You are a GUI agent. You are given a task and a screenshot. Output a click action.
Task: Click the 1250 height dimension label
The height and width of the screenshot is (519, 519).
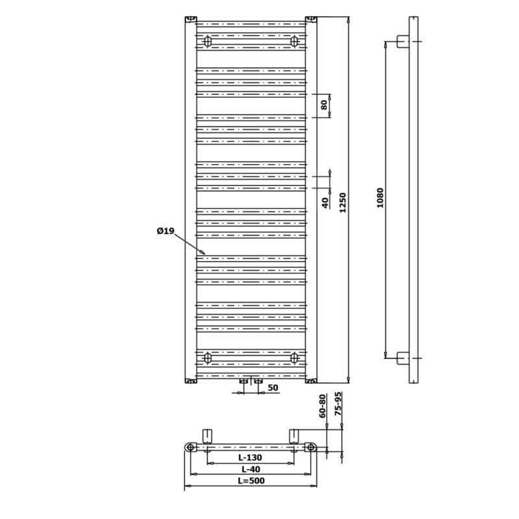click(343, 202)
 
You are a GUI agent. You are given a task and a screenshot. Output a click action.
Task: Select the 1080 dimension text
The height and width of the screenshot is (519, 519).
click(380, 198)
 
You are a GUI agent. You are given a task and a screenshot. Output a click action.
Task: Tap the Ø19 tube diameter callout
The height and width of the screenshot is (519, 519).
click(165, 231)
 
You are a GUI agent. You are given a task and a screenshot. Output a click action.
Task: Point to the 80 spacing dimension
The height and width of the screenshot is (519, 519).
click(324, 104)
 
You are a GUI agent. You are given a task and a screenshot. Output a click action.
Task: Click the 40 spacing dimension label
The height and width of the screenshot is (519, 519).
click(326, 202)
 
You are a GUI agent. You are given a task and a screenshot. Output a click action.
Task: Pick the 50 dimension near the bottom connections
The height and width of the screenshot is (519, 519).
click(272, 387)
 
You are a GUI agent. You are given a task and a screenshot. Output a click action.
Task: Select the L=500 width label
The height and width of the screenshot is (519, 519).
click(251, 481)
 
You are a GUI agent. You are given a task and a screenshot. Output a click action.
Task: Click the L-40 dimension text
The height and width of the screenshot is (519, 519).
click(251, 469)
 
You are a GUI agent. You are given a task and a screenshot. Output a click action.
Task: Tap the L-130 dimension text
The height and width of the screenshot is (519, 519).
click(250, 457)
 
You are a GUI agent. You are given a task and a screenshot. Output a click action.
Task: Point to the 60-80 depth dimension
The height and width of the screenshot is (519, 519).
click(322, 406)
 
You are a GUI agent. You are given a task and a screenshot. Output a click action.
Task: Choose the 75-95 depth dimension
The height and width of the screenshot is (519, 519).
click(338, 404)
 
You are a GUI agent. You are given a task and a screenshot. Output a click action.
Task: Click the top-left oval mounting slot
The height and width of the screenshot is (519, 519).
click(208, 42)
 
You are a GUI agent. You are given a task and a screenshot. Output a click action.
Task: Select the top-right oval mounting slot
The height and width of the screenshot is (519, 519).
click(294, 42)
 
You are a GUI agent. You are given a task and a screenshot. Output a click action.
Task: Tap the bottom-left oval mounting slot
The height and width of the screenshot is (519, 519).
click(208, 358)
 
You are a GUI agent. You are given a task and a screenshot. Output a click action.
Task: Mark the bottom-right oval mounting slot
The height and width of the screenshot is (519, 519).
click(294, 358)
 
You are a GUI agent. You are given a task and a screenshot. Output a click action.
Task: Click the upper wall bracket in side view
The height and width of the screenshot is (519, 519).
click(403, 42)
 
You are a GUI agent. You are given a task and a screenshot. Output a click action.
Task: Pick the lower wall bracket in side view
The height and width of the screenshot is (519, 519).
click(403, 358)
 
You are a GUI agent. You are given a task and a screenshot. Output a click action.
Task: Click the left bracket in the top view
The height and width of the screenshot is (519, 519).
click(207, 436)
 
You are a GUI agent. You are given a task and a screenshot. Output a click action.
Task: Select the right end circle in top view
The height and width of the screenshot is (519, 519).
click(311, 448)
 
